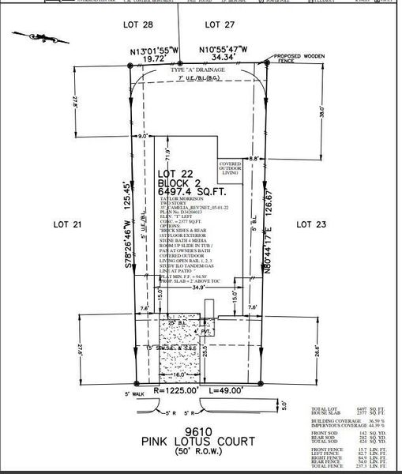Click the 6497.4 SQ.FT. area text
[191, 190]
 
